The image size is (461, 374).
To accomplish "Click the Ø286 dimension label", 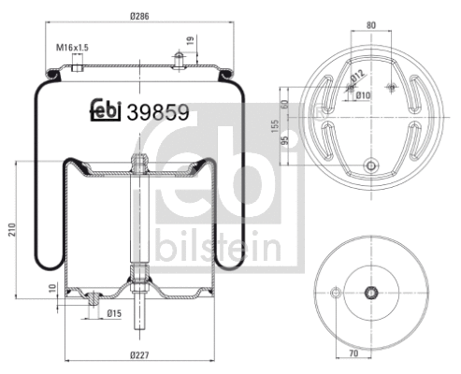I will coord(140,16).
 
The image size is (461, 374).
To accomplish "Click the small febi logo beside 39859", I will coord(105,110).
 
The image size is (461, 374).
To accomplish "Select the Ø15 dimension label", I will coord(114,312).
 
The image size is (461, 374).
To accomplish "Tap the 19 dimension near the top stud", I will coord(191,39).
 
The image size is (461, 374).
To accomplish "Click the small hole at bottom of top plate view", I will coord(372,166).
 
